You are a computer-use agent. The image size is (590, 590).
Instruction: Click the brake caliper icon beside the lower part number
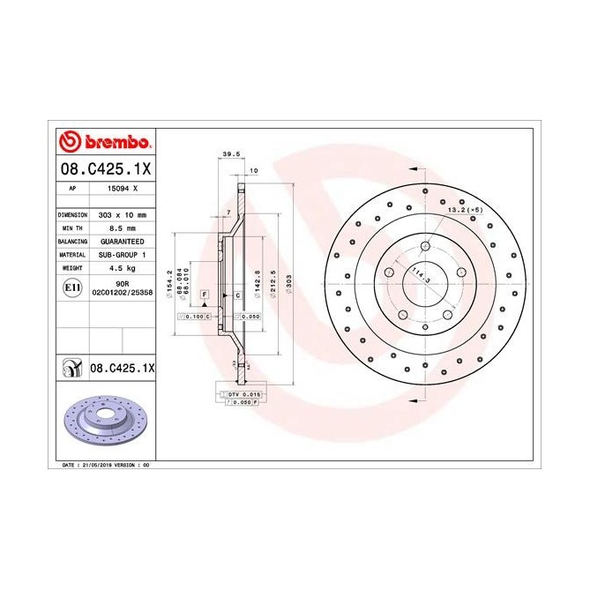coord(70,365)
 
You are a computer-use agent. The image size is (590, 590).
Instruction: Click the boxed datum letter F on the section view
coord(205,292)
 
